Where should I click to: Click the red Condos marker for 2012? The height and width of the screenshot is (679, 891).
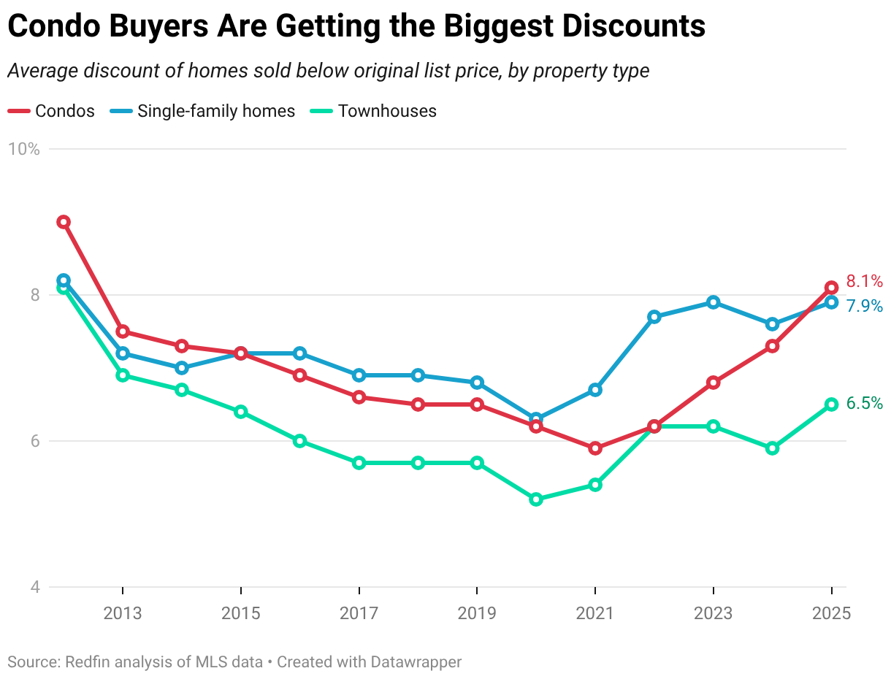click(64, 222)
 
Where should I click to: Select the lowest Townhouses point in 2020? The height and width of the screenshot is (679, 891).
click(536, 499)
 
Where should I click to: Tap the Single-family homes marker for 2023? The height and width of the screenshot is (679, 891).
click(713, 302)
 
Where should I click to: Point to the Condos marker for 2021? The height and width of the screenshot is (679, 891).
click(595, 448)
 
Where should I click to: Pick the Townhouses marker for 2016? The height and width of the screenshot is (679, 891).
click(299, 441)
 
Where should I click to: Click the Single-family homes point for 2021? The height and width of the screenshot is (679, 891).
click(595, 390)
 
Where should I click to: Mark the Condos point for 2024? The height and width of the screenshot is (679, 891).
click(772, 346)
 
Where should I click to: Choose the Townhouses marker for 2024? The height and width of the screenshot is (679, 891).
click(772, 448)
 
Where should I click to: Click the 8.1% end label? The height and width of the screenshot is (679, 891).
click(864, 282)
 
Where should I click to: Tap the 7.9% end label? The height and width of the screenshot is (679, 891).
click(864, 306)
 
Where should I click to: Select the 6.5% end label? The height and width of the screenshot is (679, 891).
click(864, 404)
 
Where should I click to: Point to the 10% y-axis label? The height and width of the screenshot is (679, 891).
click(23, 149)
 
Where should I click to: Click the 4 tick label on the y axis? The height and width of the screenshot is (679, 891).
click(34, 587)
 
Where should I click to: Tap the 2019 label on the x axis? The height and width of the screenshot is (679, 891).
click(477, 613)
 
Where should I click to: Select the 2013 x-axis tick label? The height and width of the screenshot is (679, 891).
click(123, 613)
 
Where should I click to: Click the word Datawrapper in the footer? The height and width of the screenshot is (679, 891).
click(416, 662)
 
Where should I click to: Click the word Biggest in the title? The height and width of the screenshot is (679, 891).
click(489, 27)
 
